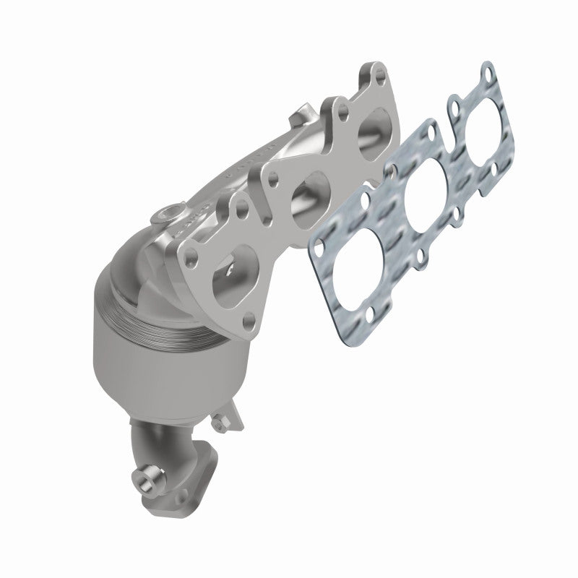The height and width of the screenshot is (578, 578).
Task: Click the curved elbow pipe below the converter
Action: (x=166, y=448)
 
